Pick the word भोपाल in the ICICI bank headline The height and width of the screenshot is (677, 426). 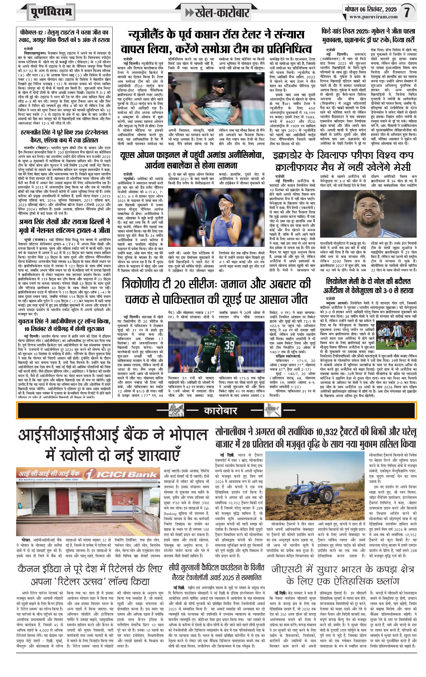(x=188, y=435)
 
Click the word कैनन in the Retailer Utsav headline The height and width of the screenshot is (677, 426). (x=29, y=569)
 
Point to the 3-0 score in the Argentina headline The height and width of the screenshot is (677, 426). (x=399, y=291)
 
